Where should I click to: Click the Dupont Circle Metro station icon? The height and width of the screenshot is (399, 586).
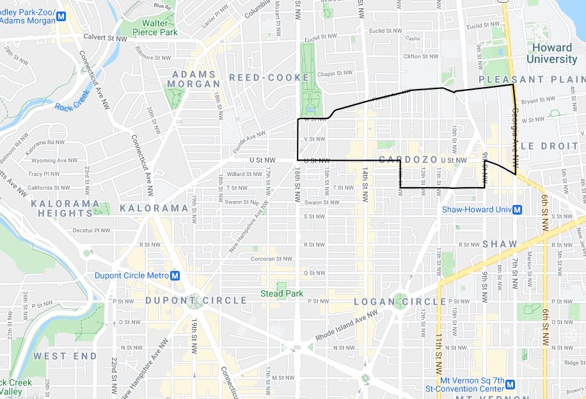(x=174, y=276)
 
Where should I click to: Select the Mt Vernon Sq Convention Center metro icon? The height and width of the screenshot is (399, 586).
(x=510, y=384)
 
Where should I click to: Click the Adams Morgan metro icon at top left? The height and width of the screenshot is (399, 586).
(x=61, y=17)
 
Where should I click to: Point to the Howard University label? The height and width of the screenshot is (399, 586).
(x=551, y=54)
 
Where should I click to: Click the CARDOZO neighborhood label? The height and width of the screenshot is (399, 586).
(x=408, y=159)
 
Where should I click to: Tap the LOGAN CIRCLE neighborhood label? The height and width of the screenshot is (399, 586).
(x=400, y=302)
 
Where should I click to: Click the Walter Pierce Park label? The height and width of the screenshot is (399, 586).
(x=159, y=28)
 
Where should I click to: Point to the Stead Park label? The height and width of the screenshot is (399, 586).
(x=281, y=294)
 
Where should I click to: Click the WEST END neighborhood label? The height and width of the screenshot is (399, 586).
(x=65, y=356)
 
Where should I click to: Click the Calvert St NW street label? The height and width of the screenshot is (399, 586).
(x=105, y=38)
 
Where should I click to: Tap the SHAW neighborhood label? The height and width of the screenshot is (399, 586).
(x=494, y=244)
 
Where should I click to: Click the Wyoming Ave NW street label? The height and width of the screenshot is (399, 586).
(x=54, y=161)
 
